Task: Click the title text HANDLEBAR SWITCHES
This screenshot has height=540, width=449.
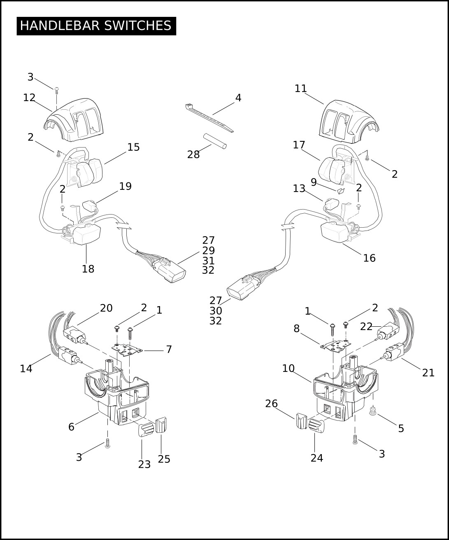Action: tap(95, 26)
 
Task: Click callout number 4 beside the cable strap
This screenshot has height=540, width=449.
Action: tap(238, 98)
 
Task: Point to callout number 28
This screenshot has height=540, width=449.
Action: tap(193, 155)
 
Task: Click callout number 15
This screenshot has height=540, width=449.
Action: tap(133, 147)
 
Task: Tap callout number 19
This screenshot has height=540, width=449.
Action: tap(125, 186)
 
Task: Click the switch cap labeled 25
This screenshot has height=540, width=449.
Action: tap(161, 425)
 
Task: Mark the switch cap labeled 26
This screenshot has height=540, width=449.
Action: tap(301, 421)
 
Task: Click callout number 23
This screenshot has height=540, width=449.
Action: tap(144, 464)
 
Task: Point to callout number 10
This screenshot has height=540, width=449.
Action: tap(288, 368)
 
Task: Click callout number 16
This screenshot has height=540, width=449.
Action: tap(369, 258)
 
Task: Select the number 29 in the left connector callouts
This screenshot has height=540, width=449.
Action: tap(208, 250)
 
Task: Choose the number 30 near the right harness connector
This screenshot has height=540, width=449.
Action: tap(216, 311)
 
